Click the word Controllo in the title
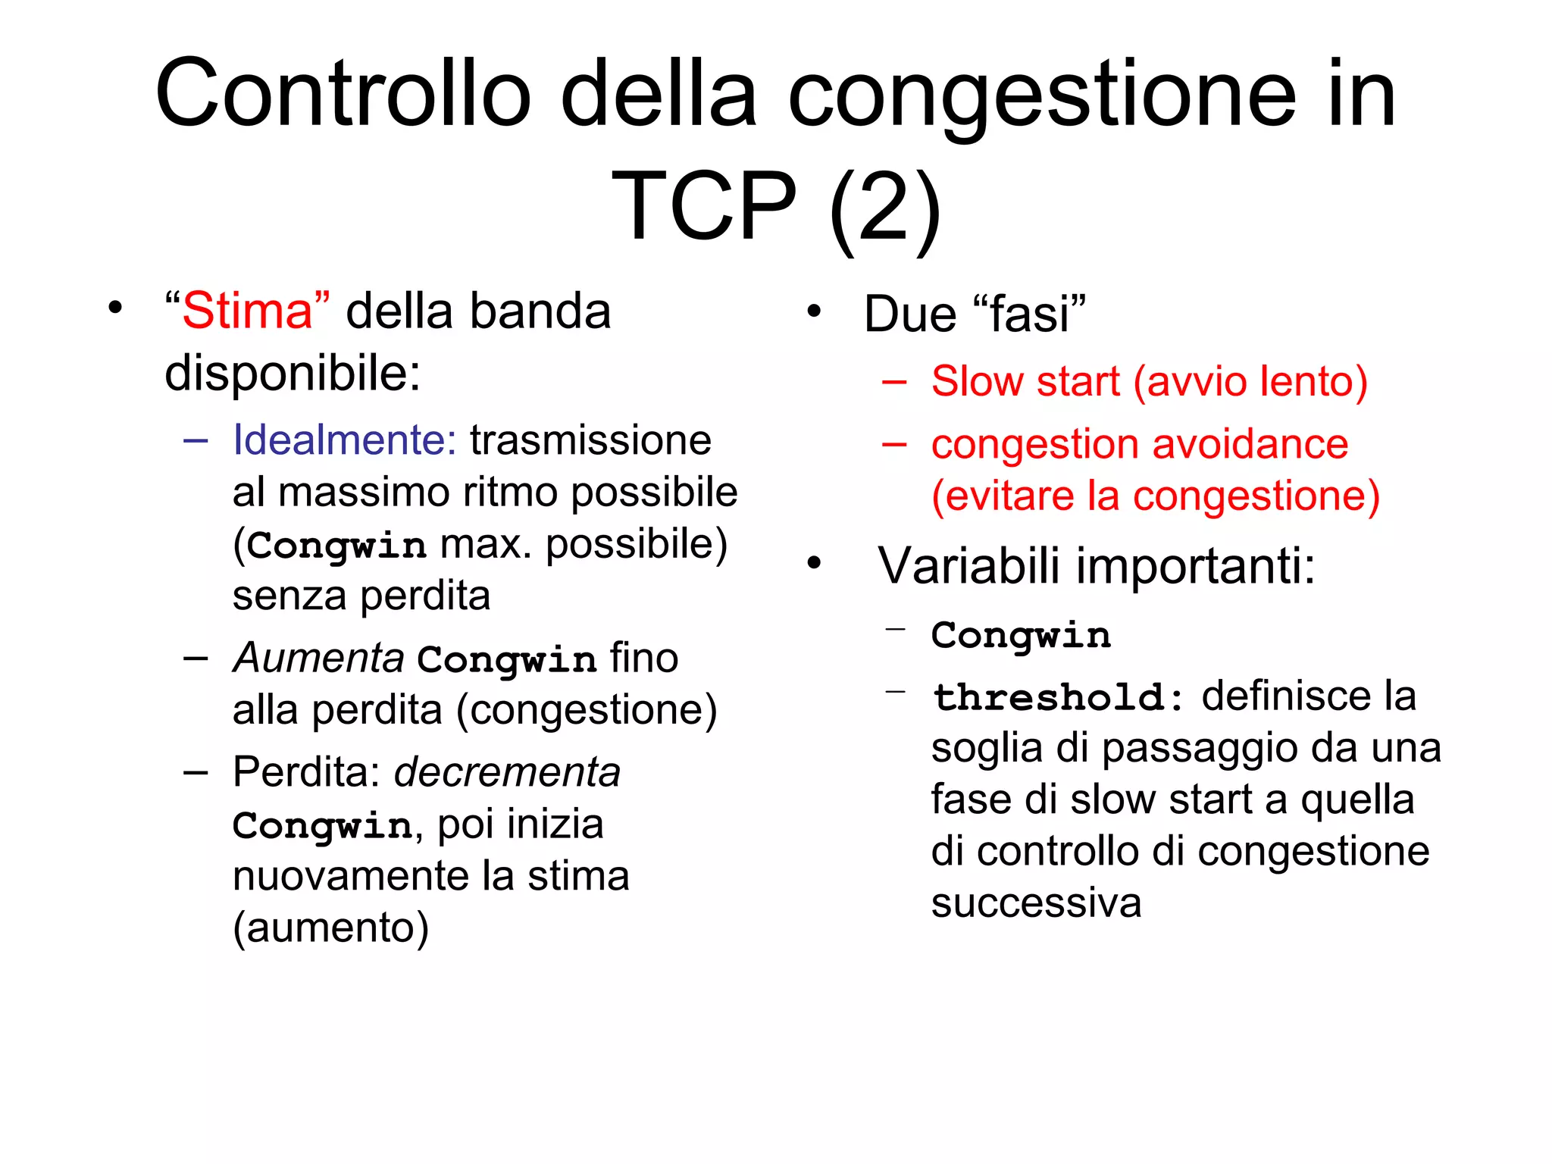point(343,94)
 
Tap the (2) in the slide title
point(884,206)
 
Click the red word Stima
point(247,311)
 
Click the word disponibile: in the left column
point(293,373)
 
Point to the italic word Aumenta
point(318,657)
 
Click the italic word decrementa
point(507,772)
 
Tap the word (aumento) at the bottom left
point(330,928)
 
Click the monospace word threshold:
point(1058,697)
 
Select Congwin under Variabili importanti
point(1021,635)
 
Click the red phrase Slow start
point(1025,381)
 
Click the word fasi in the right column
point(1029,314)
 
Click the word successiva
point(1036,903)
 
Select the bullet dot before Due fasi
point(814,311)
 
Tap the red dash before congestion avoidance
point(894,445)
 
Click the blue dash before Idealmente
point(196,440)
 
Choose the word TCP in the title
point(704,206)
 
